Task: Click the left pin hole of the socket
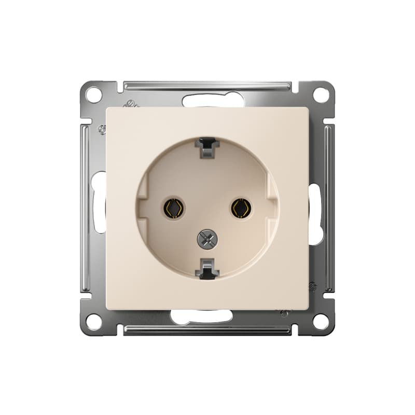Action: (173, 208)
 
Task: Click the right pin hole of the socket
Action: (241, 208)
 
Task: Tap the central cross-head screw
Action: (208, 239)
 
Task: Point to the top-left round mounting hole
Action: (94, 95)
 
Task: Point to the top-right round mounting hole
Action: (321, 95)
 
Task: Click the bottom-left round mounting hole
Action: (94, 321)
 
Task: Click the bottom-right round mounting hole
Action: (321, 321)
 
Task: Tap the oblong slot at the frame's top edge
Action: (213, 101)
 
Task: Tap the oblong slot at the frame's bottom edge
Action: (202, 316)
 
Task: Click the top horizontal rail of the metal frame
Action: (208, 86)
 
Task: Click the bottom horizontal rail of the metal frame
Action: (208, 329)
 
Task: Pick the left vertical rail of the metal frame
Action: (86, 208)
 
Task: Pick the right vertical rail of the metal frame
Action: (329, 208)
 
